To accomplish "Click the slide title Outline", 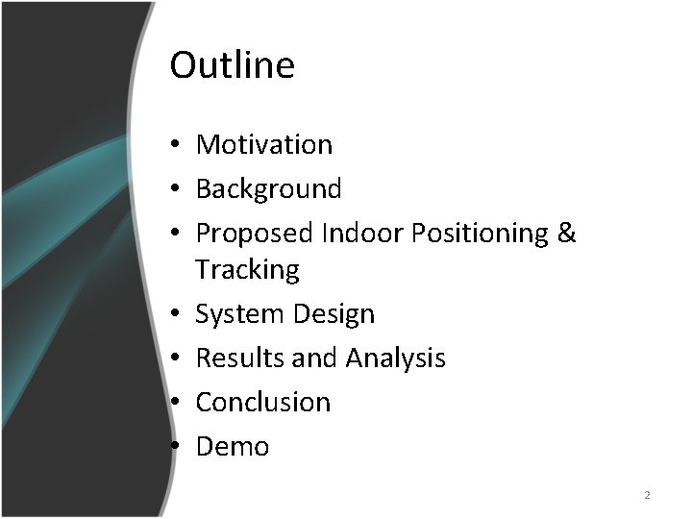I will (232, 65).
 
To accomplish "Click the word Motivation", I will (264, 144).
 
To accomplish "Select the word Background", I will (268, 188).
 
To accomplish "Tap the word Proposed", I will (255, 234).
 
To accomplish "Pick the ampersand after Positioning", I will (566, 234).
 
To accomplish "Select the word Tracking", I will (248, 270).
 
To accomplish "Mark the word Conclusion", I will (263, 402).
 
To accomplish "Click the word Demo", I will (233, 447).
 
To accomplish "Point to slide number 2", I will (647, 495).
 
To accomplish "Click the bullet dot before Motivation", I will (178, 146).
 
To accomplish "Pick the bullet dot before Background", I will (178, 190).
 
